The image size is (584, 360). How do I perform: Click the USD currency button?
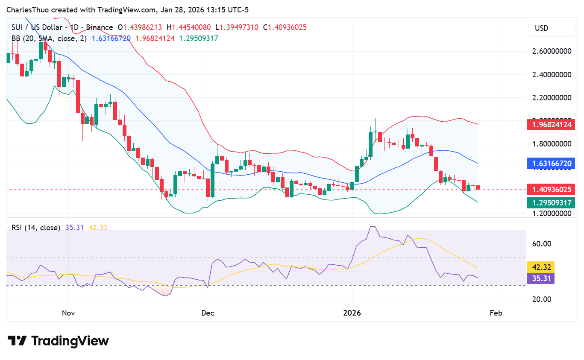coord(552,28)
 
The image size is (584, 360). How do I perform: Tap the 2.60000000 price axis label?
coord(552,51)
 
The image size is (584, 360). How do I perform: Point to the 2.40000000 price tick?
coord(552,74)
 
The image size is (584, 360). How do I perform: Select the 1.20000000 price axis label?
coord(552,213)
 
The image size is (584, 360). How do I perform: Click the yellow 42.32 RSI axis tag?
coord(540,267)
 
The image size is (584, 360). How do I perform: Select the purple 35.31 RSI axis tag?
coord(540,278)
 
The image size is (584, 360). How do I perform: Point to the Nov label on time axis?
coord(68,313)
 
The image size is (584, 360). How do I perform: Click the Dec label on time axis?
coord(208,313)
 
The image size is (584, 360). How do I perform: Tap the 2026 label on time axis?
coord(352,313)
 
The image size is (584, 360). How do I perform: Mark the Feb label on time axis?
coord(496,313)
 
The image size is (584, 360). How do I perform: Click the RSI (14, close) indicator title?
coord(36,228)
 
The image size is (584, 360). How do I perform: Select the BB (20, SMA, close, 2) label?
coord(49,38)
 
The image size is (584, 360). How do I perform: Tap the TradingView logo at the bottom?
coord(59,341)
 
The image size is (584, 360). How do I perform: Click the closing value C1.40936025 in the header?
coord(285,27)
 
